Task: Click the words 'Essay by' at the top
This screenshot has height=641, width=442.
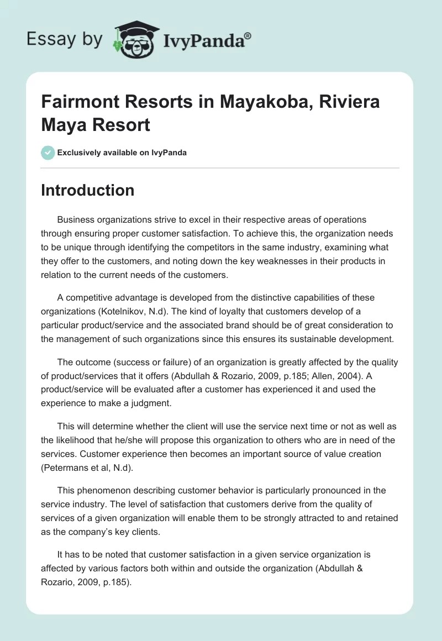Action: [x=65, y=39]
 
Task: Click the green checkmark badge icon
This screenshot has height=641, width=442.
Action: [x=48, y=153]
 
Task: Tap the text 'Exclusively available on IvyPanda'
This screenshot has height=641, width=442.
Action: [x=122, y=153]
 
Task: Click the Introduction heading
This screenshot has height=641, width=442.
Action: [x=88, y=190]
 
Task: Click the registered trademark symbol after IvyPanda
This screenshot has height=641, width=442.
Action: [x=248, y=35]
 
